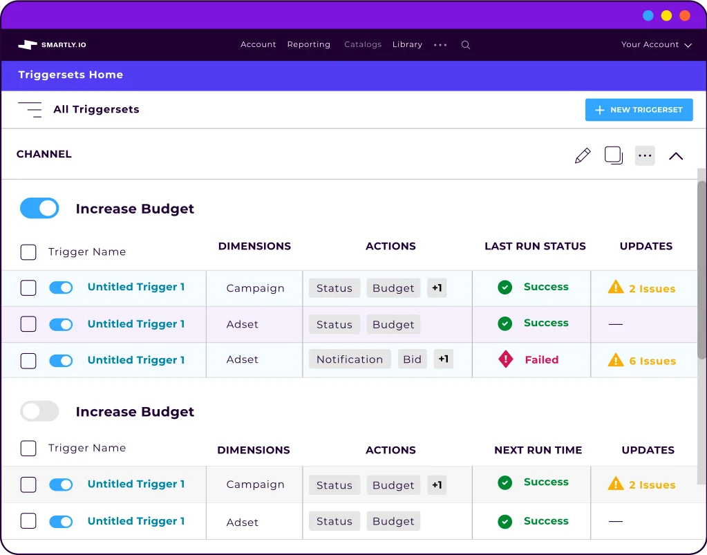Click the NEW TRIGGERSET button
(639, 110)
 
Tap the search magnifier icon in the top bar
(466, 45)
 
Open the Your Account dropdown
(656, 45)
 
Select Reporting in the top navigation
(308, 45)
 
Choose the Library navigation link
(407, 45)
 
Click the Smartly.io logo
(53, 45)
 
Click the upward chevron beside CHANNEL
(676, 156)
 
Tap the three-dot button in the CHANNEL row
(645, 156)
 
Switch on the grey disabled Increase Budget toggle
(39, 412)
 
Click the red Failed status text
(541, 360)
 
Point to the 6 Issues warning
(642, 361)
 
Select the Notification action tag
(349, 359)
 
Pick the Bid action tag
(412, 359)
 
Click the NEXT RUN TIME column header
(538, 450)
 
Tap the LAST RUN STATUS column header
(535, 246)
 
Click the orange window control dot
(685, 15)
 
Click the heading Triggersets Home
(70, 75)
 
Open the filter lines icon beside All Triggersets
(30, 109)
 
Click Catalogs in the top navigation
(363, 45)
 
